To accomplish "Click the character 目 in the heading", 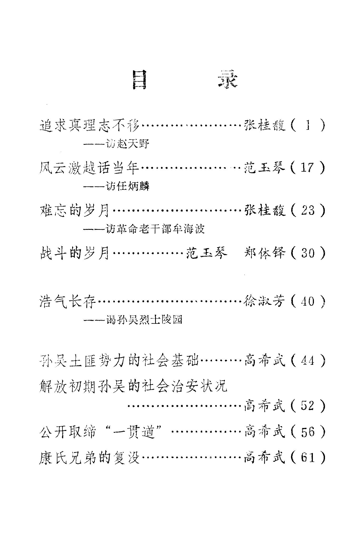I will click(x=139, y=80).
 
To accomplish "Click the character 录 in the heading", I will click(x=228, y=79).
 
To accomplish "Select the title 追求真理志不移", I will click(x=89, y=125).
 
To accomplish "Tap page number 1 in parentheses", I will click(x=308, y=125).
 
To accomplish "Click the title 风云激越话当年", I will click(x=89, y=168).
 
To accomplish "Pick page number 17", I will click(x=308, y=168).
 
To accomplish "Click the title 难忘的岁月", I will click(x=75, y=211).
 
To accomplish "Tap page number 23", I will click(x=308, y=211).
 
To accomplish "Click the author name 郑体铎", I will click(x=264, y=253).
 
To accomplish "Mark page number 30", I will click(x=308, y=253).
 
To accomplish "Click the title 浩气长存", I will click(x=67, y=301).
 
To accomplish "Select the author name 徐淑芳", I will click(x=264, y=301).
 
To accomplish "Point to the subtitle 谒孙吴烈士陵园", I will click(x=144, y=320).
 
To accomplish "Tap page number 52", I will click(x=308, y=406).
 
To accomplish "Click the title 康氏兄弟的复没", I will click(x=89, y=458).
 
